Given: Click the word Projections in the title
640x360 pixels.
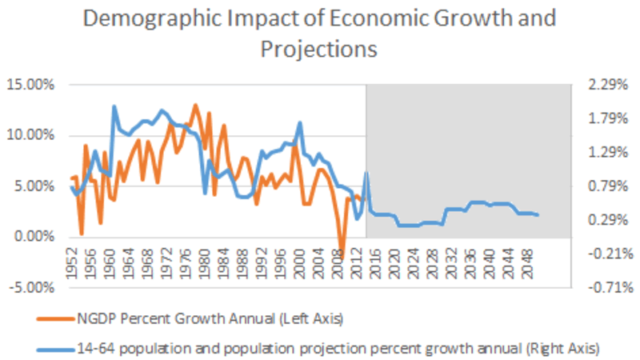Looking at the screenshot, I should [x=318, y=50].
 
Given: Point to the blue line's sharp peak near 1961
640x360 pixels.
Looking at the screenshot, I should [x=114, y=106].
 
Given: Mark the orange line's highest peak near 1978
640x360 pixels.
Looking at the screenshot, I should [x=195, y=105].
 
